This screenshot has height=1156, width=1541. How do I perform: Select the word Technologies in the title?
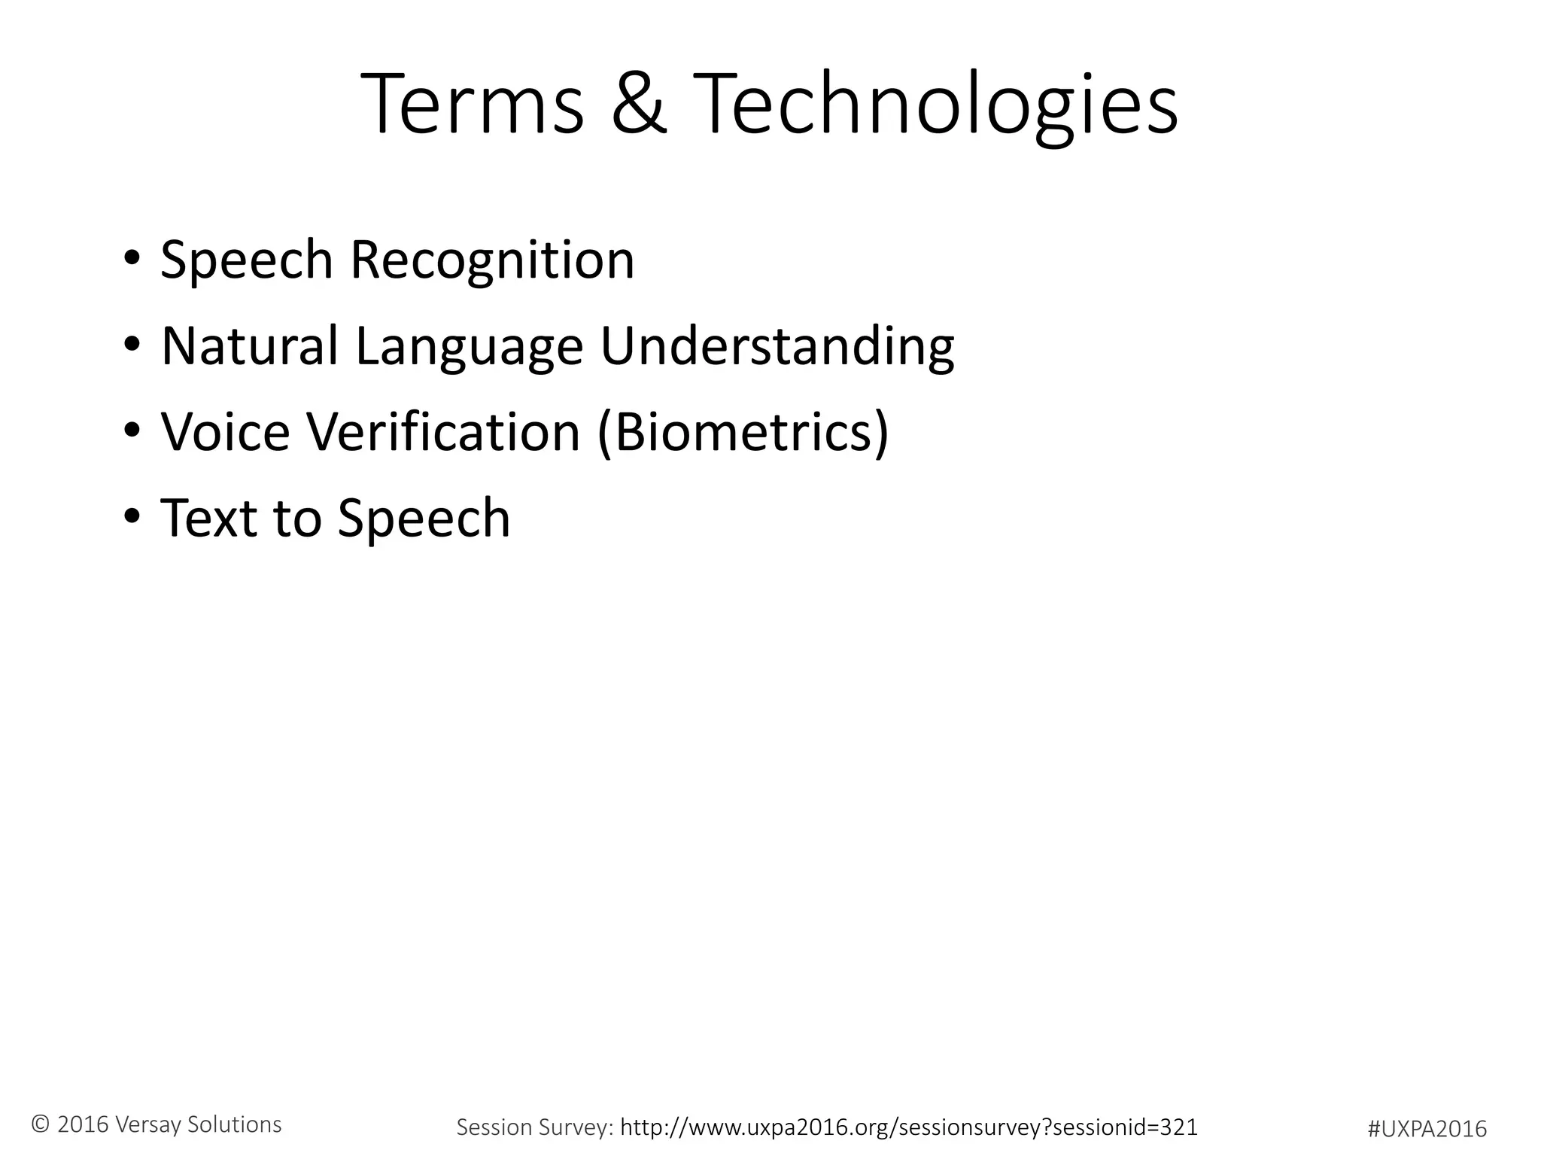[935, 105]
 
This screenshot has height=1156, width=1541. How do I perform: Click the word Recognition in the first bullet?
[493, 260]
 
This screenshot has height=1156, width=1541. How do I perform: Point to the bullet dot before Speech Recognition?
[132, 258]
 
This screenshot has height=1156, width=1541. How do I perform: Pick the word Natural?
[250, 346]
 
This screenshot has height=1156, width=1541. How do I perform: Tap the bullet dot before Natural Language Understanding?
[132, 345]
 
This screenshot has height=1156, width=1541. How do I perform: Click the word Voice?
[225, 433]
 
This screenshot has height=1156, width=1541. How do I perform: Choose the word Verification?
[443, 433]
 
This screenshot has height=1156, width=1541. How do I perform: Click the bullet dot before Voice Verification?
[132, 430]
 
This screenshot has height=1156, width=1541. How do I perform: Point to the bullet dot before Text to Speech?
[132, 517]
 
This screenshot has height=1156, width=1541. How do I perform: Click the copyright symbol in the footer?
[41, 1124]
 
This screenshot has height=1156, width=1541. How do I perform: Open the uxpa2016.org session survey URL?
[908, 1127]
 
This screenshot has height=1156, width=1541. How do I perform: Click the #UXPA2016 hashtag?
[1427, 1129]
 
